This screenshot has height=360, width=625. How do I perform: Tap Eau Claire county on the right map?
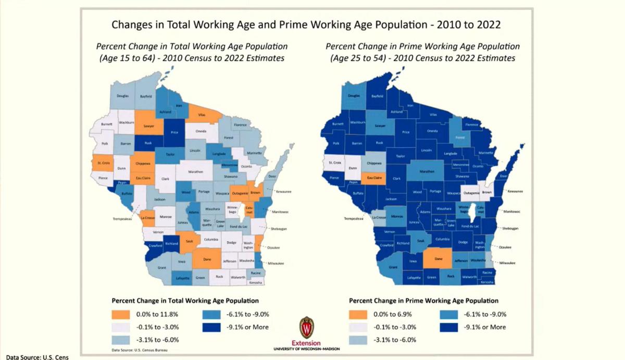[x=378, y=178]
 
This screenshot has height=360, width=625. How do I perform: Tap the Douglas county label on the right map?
[x=354, y=96]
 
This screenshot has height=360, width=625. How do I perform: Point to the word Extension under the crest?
[x=306, y=344]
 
